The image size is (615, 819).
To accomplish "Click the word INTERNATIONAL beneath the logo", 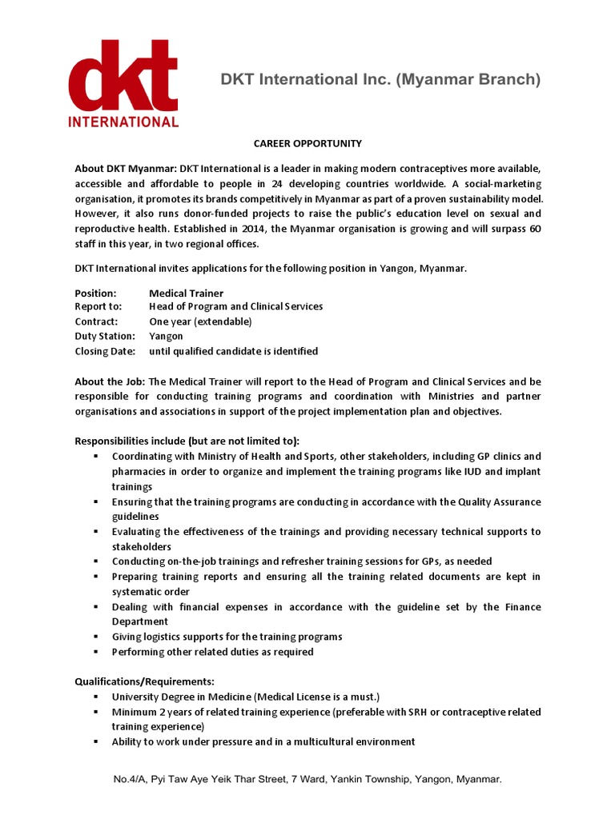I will pos(123,122).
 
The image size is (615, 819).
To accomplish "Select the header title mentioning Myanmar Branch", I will pos(380,80).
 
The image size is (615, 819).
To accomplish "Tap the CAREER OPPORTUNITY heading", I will pos(307,144).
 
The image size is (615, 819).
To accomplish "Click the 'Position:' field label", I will pos(95,294).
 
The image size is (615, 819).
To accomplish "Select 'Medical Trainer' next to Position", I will pos(186,294).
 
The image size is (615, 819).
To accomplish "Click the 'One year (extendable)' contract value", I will pos(200,322).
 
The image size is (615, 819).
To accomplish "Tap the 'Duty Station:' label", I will pos(105,336).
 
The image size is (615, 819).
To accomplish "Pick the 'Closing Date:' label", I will pos(105,351).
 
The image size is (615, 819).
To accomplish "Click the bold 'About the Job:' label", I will pos(110,382).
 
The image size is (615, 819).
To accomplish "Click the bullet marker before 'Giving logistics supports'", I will pos(95,637).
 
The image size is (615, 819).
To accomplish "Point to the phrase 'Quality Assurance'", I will pos(499,501).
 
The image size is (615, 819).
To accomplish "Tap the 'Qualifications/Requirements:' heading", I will pos(144,681).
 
